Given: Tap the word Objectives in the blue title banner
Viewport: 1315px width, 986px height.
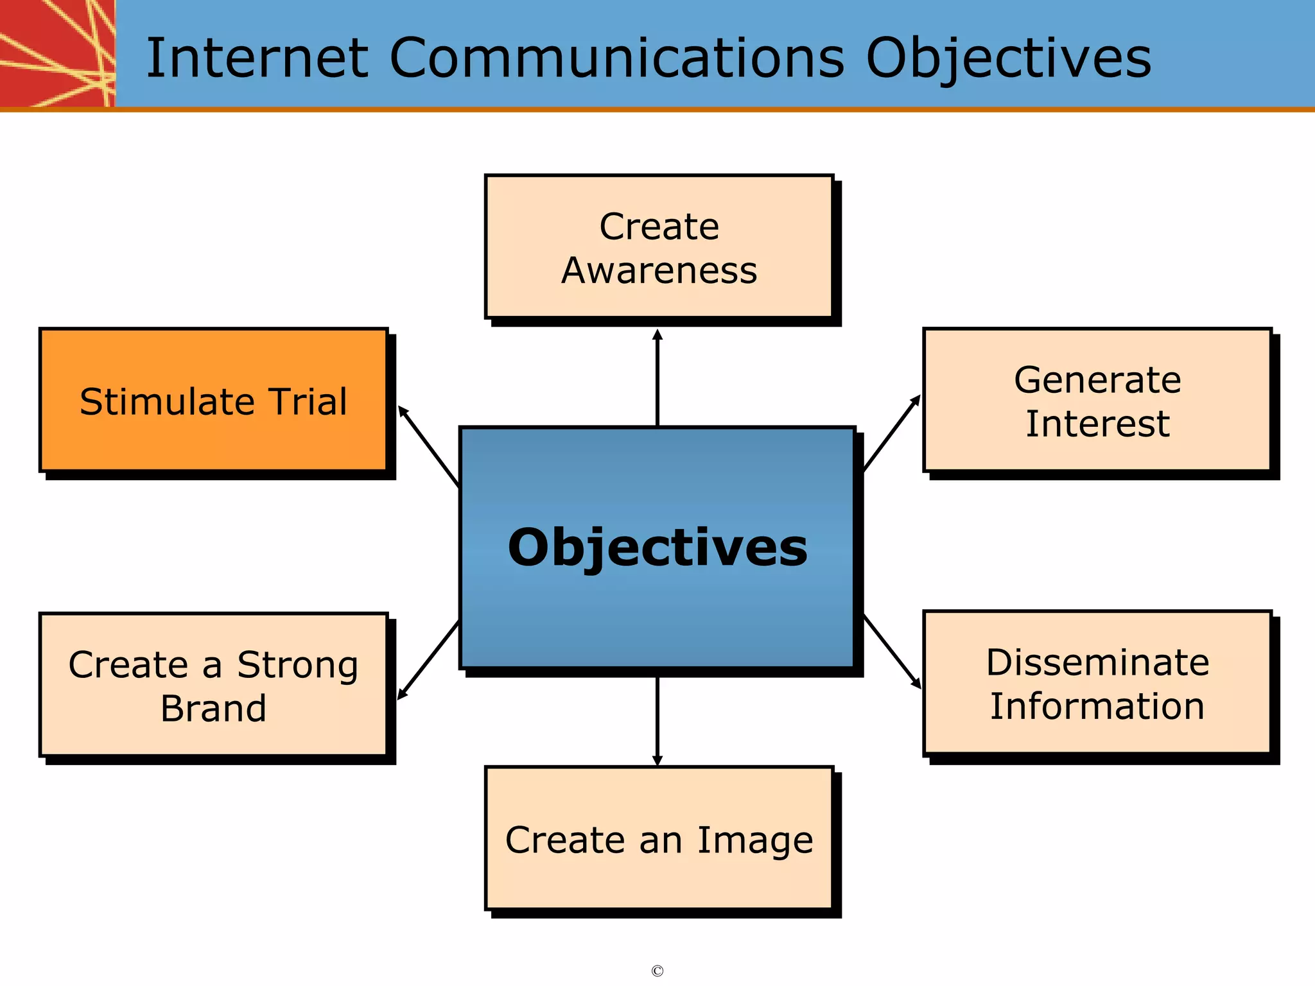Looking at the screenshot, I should pos(1008,59).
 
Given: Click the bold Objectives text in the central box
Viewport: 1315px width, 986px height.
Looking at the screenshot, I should pos(657,548).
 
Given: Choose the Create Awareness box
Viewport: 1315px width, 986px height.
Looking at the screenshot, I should pos(659,247).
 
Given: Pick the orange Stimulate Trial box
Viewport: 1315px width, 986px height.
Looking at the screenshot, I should pos(214,401).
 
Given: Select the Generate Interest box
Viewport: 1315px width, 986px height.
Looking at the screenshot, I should pos(1097,401).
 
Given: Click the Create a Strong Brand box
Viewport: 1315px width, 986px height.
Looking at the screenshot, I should pos(214,686).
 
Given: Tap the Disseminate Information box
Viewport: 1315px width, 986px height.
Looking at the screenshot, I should pos(1097,684).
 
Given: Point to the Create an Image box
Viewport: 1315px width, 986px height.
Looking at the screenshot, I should pos(659,839).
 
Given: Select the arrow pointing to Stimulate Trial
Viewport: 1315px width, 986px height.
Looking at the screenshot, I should pos(428,446).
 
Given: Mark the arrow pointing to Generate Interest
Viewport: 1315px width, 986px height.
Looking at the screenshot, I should pos(892,433).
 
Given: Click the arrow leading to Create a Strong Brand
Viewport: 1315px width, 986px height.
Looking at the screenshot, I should pos(428,660).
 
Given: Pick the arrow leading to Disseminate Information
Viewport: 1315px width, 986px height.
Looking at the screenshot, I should pos(892,652).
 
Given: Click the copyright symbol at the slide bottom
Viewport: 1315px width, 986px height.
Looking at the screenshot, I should pos(657,971).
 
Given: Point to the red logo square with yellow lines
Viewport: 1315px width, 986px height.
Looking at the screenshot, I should pos(57,53).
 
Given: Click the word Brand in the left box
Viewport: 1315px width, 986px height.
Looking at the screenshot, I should pos(213,709).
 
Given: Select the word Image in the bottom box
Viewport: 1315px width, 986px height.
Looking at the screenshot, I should pos(755,840).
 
